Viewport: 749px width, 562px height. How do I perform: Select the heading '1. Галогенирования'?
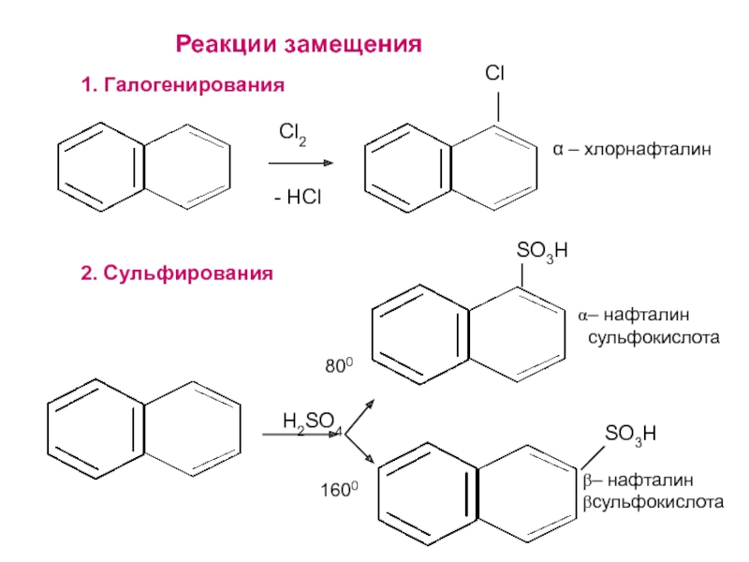[183, 86]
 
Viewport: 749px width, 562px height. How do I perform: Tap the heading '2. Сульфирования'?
[177, 274]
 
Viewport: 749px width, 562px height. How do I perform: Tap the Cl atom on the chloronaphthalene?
[495, 74]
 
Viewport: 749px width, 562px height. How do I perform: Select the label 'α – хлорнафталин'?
[632, 149]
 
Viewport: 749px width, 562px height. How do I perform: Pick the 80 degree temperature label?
[338, 367]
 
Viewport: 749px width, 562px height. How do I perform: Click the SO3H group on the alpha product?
[542, 252]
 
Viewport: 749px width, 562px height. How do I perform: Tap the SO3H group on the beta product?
[629, 433]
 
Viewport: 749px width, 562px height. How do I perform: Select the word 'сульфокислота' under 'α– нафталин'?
[653, 335]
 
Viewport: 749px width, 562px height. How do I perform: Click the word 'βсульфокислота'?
[654, 503]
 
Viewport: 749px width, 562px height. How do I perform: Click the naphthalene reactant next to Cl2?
[144, 168]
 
